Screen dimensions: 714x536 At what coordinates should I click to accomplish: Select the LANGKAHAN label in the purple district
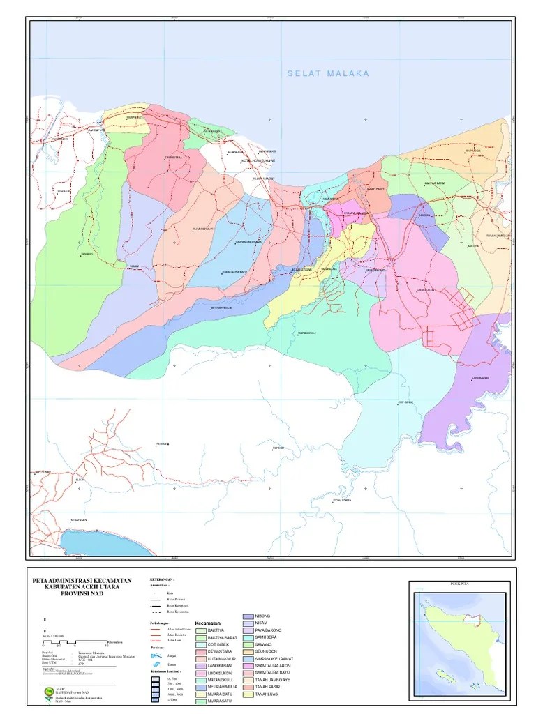[480, 378]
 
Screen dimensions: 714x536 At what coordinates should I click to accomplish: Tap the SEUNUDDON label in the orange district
[473, 149]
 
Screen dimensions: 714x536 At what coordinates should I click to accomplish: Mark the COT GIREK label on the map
[405, 402]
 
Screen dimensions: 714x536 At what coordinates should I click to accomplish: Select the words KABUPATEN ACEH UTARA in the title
[87, 587]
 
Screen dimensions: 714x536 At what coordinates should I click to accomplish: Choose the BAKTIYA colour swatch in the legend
[201, 630]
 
